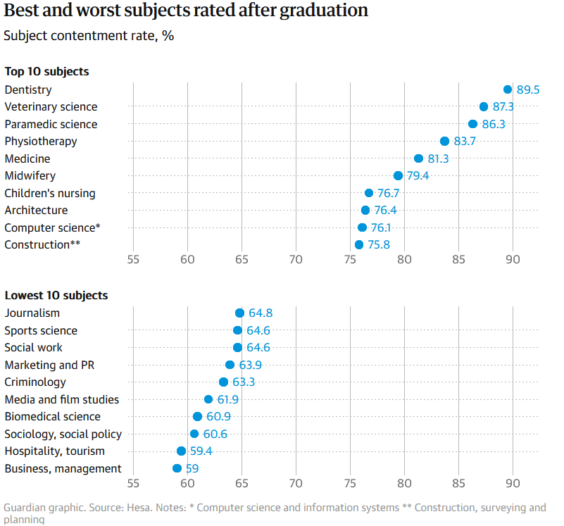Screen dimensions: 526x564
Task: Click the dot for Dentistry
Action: pos(508,89)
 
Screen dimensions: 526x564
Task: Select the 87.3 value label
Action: pos(503,107)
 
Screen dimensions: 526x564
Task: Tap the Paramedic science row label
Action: pos(51,124)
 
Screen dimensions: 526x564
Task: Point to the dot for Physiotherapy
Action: pos(444,142)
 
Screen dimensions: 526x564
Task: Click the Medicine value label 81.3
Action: pos(438,159)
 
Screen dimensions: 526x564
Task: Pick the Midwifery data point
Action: pos(398,176)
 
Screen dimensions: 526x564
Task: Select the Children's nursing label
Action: pos(50,193)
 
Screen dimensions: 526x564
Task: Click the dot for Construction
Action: pos(359,245)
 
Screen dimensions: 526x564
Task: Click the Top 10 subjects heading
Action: pos(46,71)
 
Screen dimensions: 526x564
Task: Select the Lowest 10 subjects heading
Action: pos(56,295)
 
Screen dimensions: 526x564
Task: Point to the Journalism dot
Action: pos(239,313)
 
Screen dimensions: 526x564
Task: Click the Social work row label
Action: pos(33,347)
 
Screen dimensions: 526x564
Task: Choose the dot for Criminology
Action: pos(223,382)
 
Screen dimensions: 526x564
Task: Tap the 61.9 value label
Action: pos(227,400)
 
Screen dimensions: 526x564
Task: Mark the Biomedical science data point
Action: pos(197,417)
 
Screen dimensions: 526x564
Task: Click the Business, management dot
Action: pos(177,468)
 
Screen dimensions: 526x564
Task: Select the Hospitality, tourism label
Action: pos(54,451)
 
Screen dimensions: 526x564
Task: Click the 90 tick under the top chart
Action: pos(513,260)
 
